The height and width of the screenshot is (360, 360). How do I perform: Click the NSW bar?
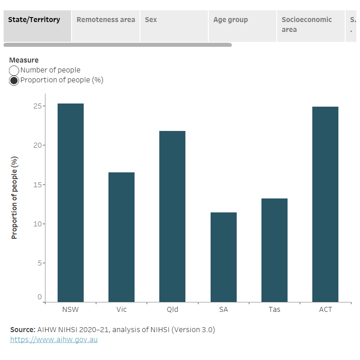click(71, 202)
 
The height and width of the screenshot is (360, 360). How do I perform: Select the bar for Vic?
click(121, 237)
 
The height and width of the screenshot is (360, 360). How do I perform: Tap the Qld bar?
click(172, 216)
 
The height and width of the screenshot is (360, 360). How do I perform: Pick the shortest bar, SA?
click(224, 257)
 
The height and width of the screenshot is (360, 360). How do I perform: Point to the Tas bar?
click(274, 250)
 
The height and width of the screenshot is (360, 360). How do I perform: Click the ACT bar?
click(325, 204)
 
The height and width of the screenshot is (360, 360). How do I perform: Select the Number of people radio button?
click(14, 71)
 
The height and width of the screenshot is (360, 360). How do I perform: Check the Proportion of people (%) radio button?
click(14, 81)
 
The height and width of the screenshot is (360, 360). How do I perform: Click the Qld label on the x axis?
click(172, 310)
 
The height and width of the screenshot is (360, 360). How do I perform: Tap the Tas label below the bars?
click(274, 310)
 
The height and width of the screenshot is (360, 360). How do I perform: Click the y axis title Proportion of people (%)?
click(14, 198)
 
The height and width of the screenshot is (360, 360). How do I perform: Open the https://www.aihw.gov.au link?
click(54, 340)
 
